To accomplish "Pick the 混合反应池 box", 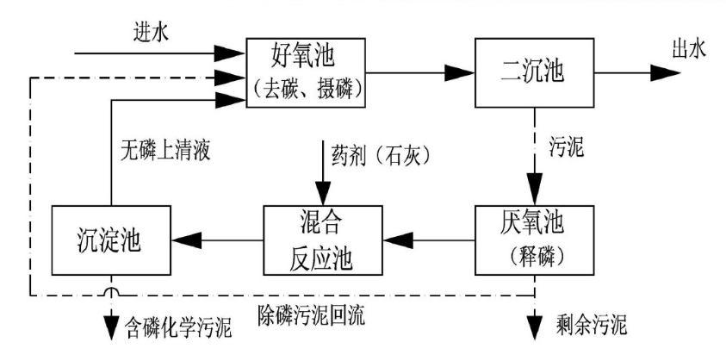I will (321, 239).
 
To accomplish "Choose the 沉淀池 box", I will (109, 239).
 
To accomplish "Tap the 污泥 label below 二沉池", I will (566, 148).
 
